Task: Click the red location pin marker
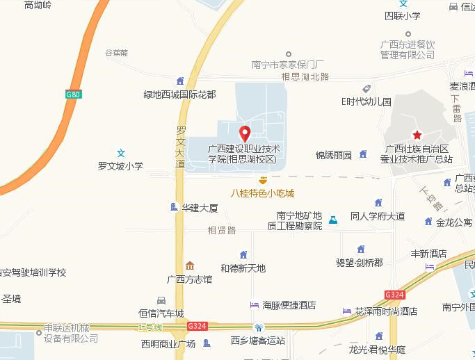(x=244, y=133)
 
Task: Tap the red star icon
(x=417, y=135)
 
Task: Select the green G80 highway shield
(x=74, y=94)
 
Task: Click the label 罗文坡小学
(x=120, y=166)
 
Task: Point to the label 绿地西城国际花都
(x=179, y=94)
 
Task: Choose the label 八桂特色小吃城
(x=263, y=193)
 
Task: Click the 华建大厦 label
(x=200, y=208)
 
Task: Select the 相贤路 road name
(x=222, y=229)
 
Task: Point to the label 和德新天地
(x=243, y=268)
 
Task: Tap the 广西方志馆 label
(x=190, y=279)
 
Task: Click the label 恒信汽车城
(x=161, y=313)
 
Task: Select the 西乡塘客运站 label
(x=257, y=341)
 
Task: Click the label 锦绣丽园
(x=334, y=155)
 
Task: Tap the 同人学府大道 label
(x=378, y=216)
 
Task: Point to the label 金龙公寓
(x=453, y=223)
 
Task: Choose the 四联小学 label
(x=403, y=15)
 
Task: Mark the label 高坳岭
(x=38, y=5)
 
